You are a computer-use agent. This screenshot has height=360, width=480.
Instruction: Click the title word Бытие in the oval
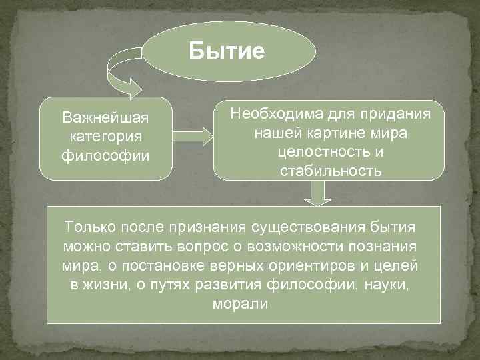tap(227, 51)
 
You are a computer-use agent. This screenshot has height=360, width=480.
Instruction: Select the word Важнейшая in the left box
tap(105, 118)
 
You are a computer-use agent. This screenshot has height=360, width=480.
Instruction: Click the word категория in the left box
tap(105, 137)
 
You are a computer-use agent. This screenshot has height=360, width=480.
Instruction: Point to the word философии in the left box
tap(105, 157)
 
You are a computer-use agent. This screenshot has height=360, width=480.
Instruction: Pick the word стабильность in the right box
tap(331, 171)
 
